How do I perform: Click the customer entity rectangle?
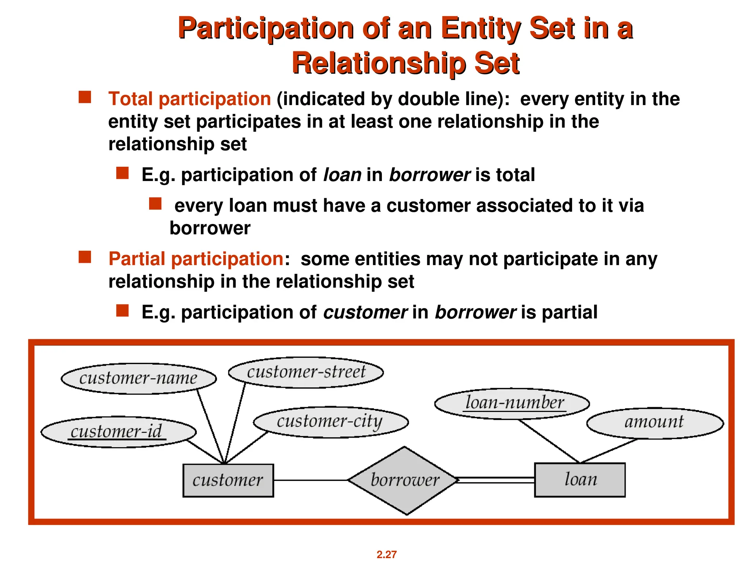coord(228,480)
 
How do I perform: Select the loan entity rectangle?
coord(579,480)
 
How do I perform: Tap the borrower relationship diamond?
coord(404,480)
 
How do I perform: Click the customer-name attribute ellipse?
coord(138,379)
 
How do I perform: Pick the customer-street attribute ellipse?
coord(306,372)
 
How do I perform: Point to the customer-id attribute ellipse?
coord(118,432)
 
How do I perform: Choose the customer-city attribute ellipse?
coord(330,422)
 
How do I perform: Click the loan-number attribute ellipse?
coord(512,403)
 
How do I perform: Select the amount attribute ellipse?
coord(655,423)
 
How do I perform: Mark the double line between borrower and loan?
coord(496,480)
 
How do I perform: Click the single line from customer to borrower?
coord(311,480)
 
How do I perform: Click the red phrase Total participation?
coord(189,99)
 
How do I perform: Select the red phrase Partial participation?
coord(196,259)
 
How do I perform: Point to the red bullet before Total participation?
coord(85,97)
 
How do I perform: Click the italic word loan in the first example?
coord(342,175)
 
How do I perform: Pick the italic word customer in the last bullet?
coord(365,312)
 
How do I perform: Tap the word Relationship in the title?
coord(378,63)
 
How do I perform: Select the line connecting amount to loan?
coord(609,451)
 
